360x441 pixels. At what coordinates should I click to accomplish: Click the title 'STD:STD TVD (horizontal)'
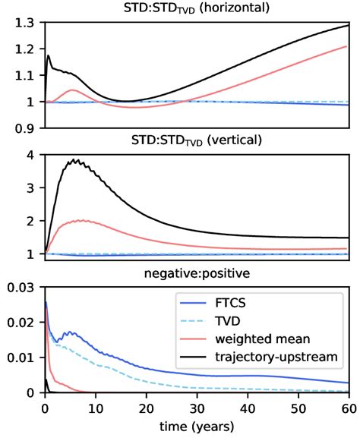(197, 9)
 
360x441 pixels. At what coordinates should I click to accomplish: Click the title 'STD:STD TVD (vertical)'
(197, 140)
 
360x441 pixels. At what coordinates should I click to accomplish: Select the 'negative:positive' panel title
(197, 271)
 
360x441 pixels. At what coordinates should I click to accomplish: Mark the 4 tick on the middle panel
(32, 155)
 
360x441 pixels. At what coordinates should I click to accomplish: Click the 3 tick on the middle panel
(32, 187)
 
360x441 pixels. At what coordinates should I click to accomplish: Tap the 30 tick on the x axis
(197, 408)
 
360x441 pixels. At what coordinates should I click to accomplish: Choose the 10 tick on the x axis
(96, 408)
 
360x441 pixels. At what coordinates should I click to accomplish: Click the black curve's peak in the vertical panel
(74, 159)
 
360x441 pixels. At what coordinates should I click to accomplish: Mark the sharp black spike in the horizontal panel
(49, 55)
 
